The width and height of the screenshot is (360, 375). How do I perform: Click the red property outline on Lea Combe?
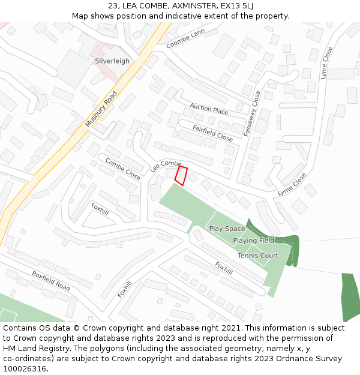coord(181,175)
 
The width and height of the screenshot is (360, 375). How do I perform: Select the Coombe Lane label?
coord(185,37)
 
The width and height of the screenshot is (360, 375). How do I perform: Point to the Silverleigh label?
coord(112,61)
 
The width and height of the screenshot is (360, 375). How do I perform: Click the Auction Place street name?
coord(209,109)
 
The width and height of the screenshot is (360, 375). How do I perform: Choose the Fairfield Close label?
coord(212,133)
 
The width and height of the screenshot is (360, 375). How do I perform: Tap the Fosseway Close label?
coord(252,114)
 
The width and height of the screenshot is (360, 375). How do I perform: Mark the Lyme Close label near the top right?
coord(326,63)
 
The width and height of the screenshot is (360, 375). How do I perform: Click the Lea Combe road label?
coord(166,166)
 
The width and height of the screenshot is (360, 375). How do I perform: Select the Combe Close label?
coord(122,169)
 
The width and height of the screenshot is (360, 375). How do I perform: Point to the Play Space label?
coord(227,229)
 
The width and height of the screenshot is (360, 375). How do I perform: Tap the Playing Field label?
coord(254,241)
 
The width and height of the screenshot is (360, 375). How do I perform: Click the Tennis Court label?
coord(258,256)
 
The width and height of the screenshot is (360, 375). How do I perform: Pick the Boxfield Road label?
coord(51,281)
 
